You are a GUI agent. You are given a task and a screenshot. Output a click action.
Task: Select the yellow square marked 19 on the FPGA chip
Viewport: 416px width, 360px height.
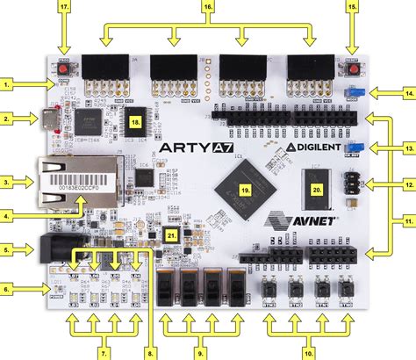point(247,189)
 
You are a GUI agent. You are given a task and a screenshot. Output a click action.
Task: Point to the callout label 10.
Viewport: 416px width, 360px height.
point(308,352)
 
